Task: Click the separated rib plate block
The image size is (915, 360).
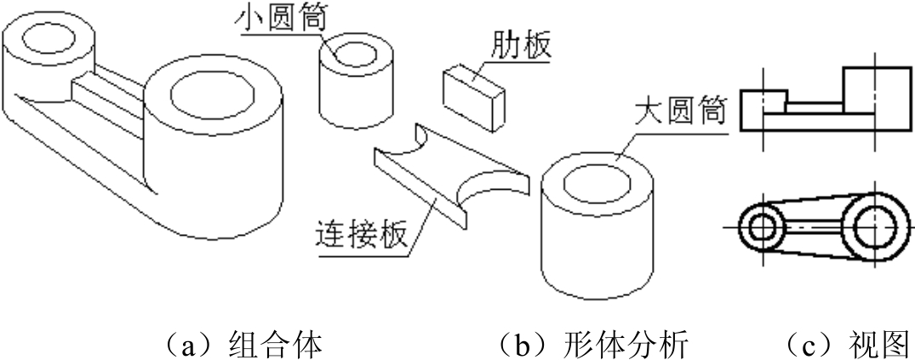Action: pyautogui.click(x=474, y=96)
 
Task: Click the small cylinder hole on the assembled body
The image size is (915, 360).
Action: pyautogui.click(x=49, y=40)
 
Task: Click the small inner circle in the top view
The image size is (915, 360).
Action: pyautogui.click(x=761, y=226)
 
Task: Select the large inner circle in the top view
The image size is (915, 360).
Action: pyautogui.click(x=874, y=226)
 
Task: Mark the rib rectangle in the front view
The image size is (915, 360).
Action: pyautogui.click(x=815, y=108)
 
